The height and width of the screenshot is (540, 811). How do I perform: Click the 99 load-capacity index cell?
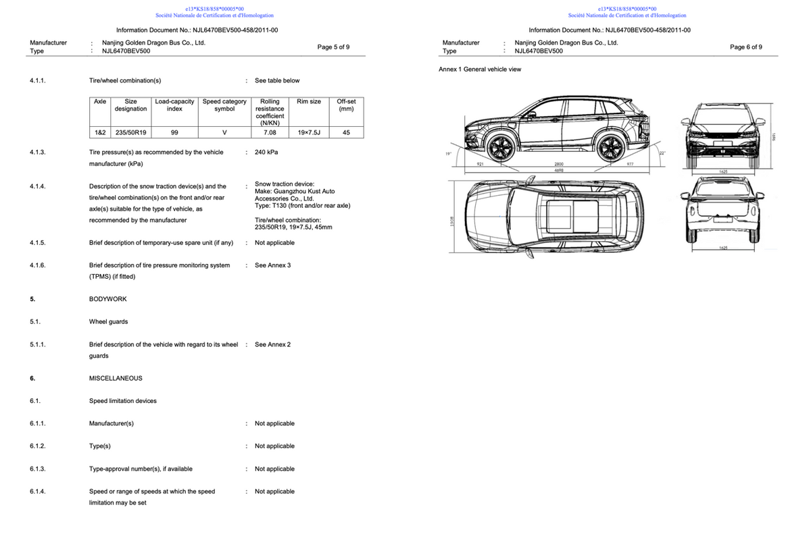pyautogui.click(x=174, y=133)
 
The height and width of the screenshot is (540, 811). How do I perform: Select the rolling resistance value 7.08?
pyautogui.click(x=270, y=133)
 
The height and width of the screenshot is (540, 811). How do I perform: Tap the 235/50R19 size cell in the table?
pyautogui.click(x=130, y=133)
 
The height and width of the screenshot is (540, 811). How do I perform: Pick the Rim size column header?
pyautogui.click(x=309, y=101)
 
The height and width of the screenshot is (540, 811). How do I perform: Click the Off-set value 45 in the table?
pyautogui.click(x=346, y=133)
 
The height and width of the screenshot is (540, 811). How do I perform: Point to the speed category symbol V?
pyautogui.click(x=224, y=133)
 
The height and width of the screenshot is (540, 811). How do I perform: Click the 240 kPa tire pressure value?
pyautogui.click(x=266, y=153)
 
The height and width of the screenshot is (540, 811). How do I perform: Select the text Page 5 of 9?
pyautogui.click(x=333, y=47)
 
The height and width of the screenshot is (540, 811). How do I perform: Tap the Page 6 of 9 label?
pyautogui.click(x=746, y=47)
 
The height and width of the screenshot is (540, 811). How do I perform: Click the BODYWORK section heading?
pyautogui.click(x=108, y=299)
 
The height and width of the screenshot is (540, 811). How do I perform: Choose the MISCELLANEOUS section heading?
pyautogui.click(x=116, y=378)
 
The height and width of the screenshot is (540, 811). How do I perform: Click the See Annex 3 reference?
pyautogui.click(x=273, y=265)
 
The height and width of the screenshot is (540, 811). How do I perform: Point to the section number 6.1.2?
pyautogui.click(x=38, y=446)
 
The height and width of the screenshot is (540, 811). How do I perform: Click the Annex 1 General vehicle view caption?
pyautogui.click(x=480, y=69)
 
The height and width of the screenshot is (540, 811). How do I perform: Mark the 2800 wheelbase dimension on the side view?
pyautogui.click(x=559, y=164)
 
